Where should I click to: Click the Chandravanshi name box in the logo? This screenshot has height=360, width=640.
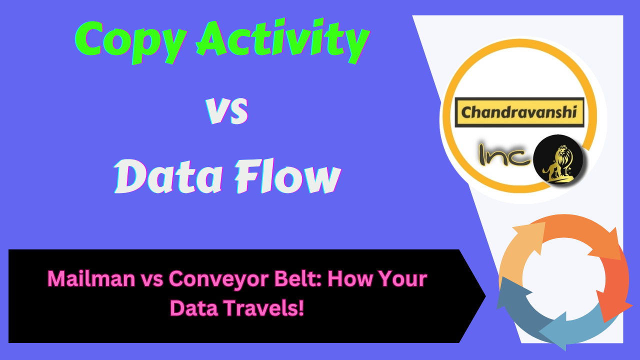[519, 111]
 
